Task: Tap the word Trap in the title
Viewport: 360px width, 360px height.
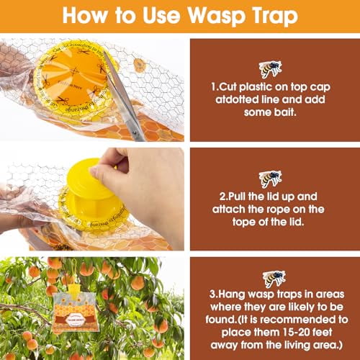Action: (x=263, y=15)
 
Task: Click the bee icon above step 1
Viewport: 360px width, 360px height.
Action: (x=271, y=68)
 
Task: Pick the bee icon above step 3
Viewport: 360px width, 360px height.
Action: (x=274, y=278)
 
